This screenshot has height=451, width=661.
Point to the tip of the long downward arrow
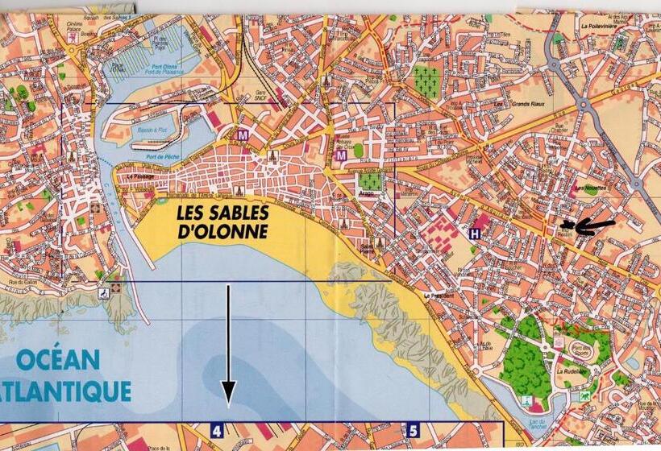click(228, 400)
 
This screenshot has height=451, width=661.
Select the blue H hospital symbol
click(475, 234)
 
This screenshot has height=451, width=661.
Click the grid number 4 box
click(216, 431)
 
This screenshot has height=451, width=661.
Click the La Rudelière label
click(569, 371)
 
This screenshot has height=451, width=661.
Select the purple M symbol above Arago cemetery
click(340, 155)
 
